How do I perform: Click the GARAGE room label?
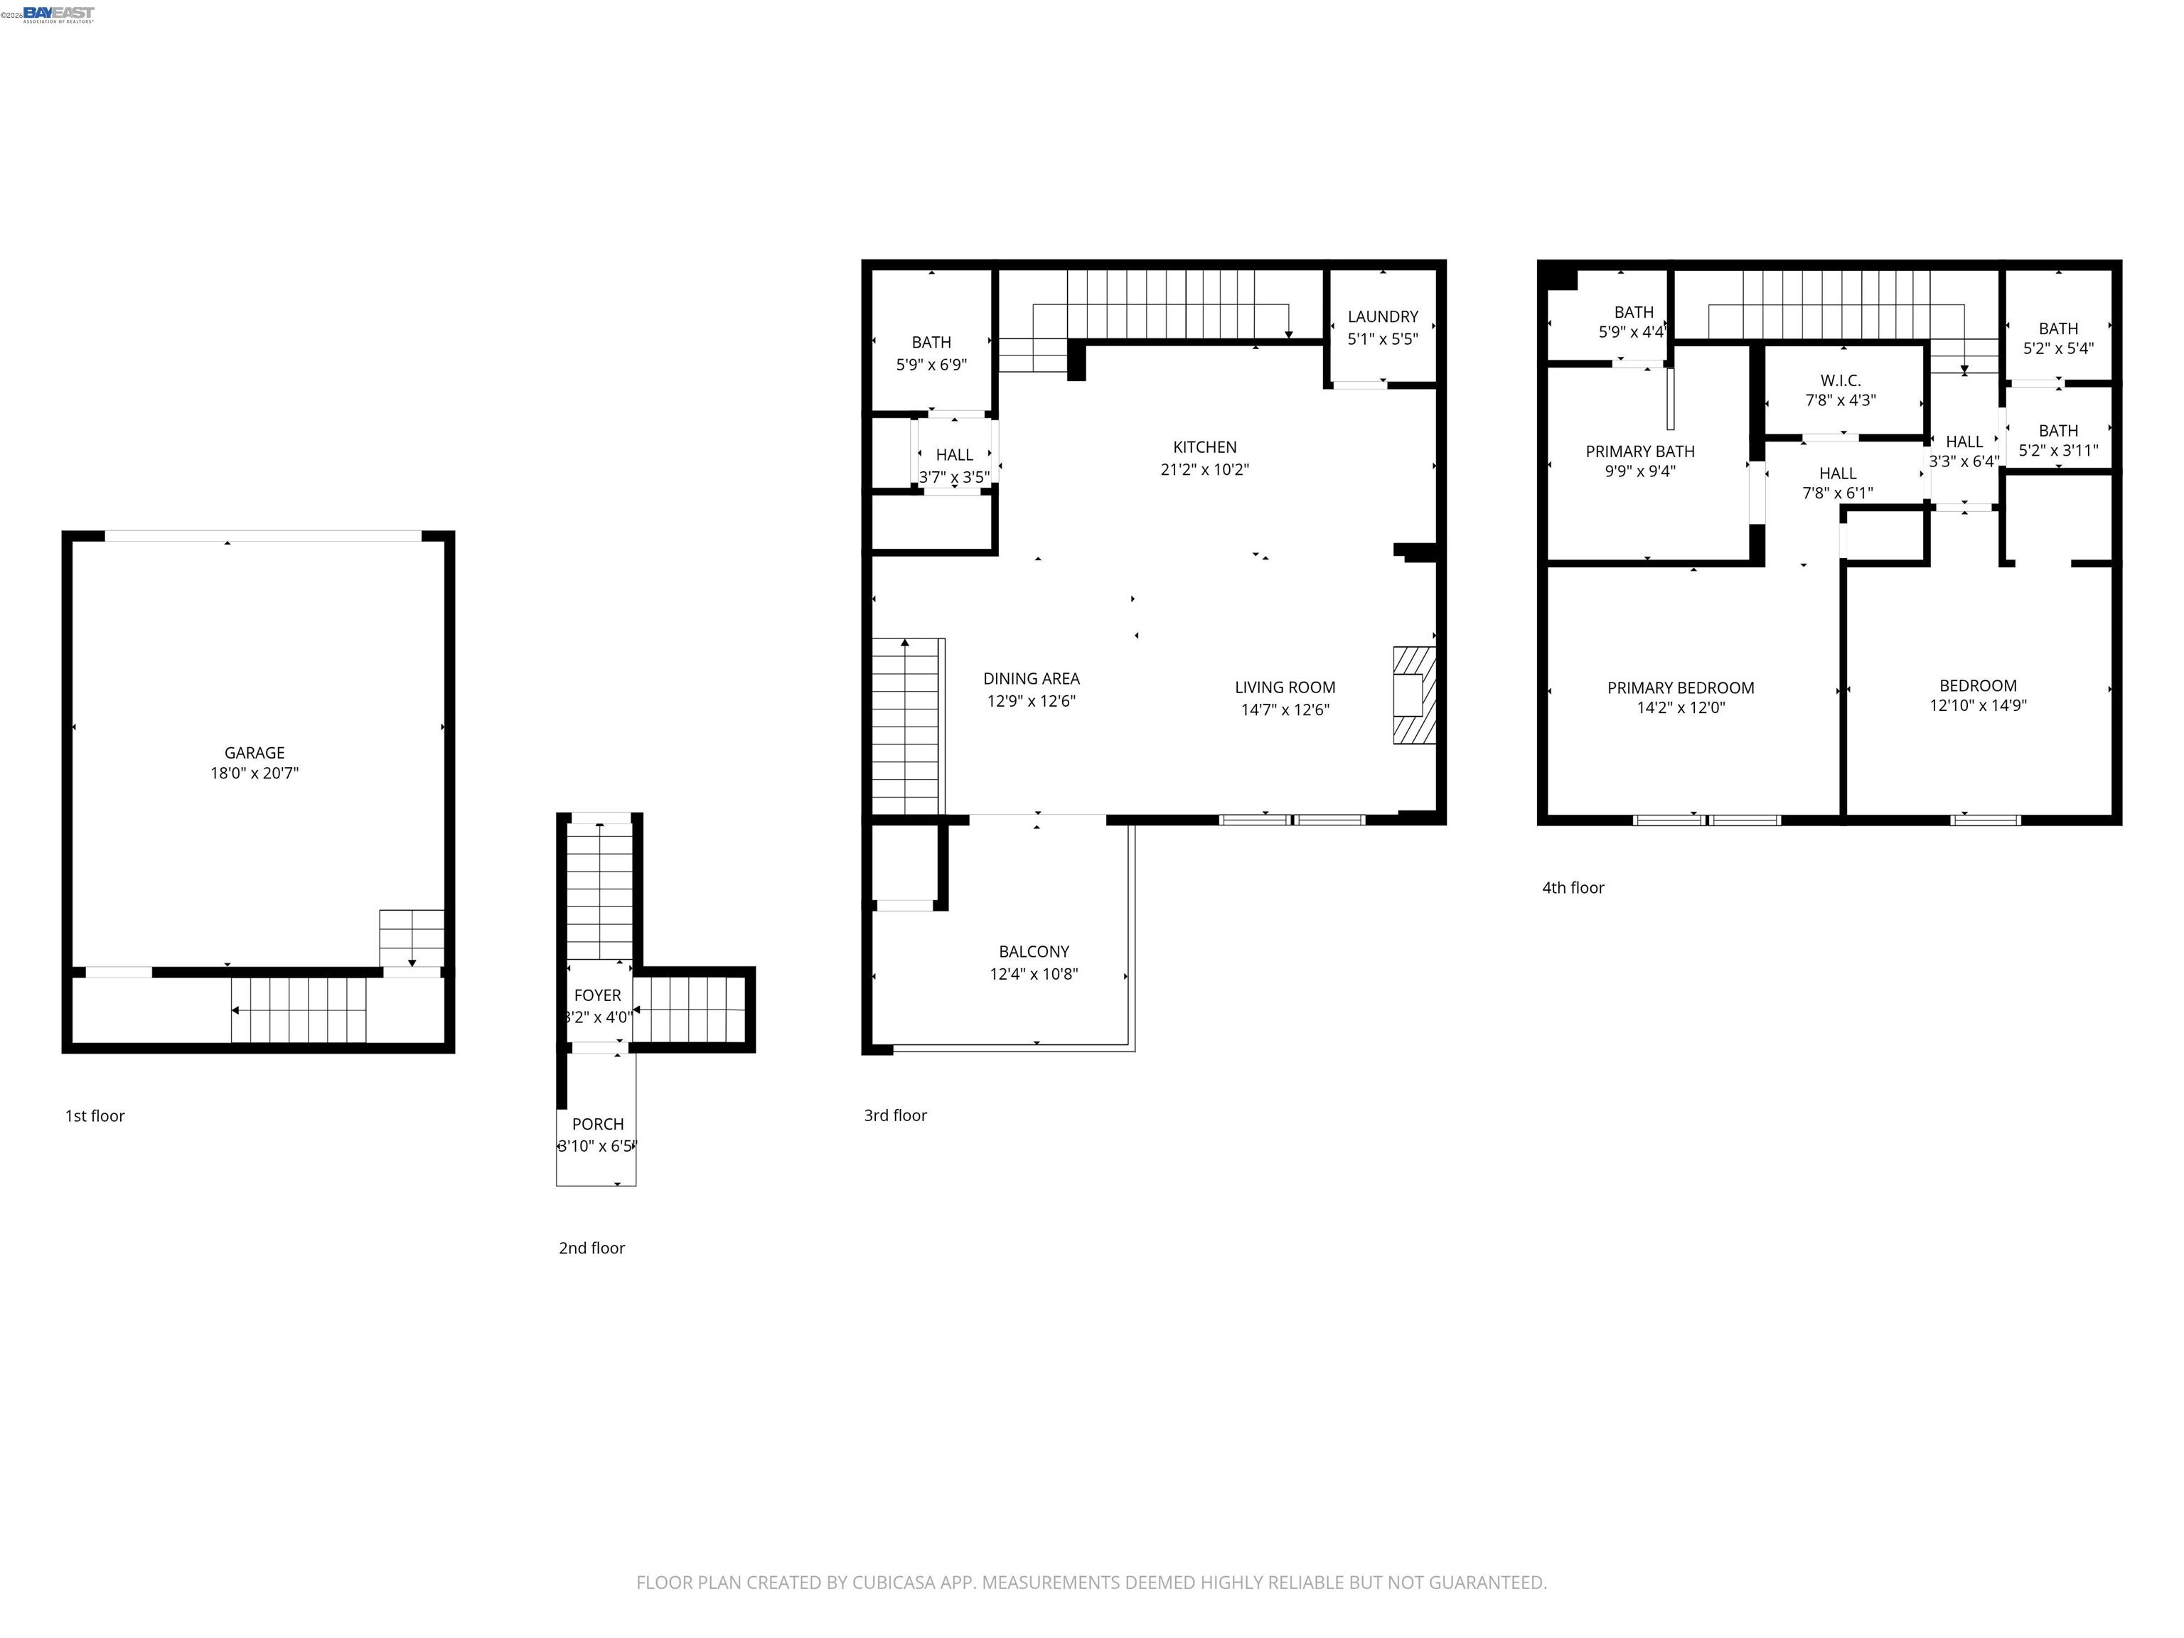[255, 752]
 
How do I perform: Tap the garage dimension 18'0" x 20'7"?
[255, 773]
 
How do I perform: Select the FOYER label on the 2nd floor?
[597, 995]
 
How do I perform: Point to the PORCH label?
[597, 1123]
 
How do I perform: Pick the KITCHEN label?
[1204, 447]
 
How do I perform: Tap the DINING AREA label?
[1031, 678]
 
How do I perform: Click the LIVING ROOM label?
[1285, 687]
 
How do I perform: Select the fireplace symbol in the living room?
[1414, 694]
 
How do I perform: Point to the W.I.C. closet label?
[1841, 380]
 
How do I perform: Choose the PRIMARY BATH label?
[1640, 451]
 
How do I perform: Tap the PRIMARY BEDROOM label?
[1681, 688]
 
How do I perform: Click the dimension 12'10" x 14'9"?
[1978, 706]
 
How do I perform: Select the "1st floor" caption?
[95, 1115]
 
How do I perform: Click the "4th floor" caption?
[1573, 888]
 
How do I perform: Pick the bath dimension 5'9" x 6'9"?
[931, 364]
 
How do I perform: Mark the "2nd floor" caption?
[591, 1248]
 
